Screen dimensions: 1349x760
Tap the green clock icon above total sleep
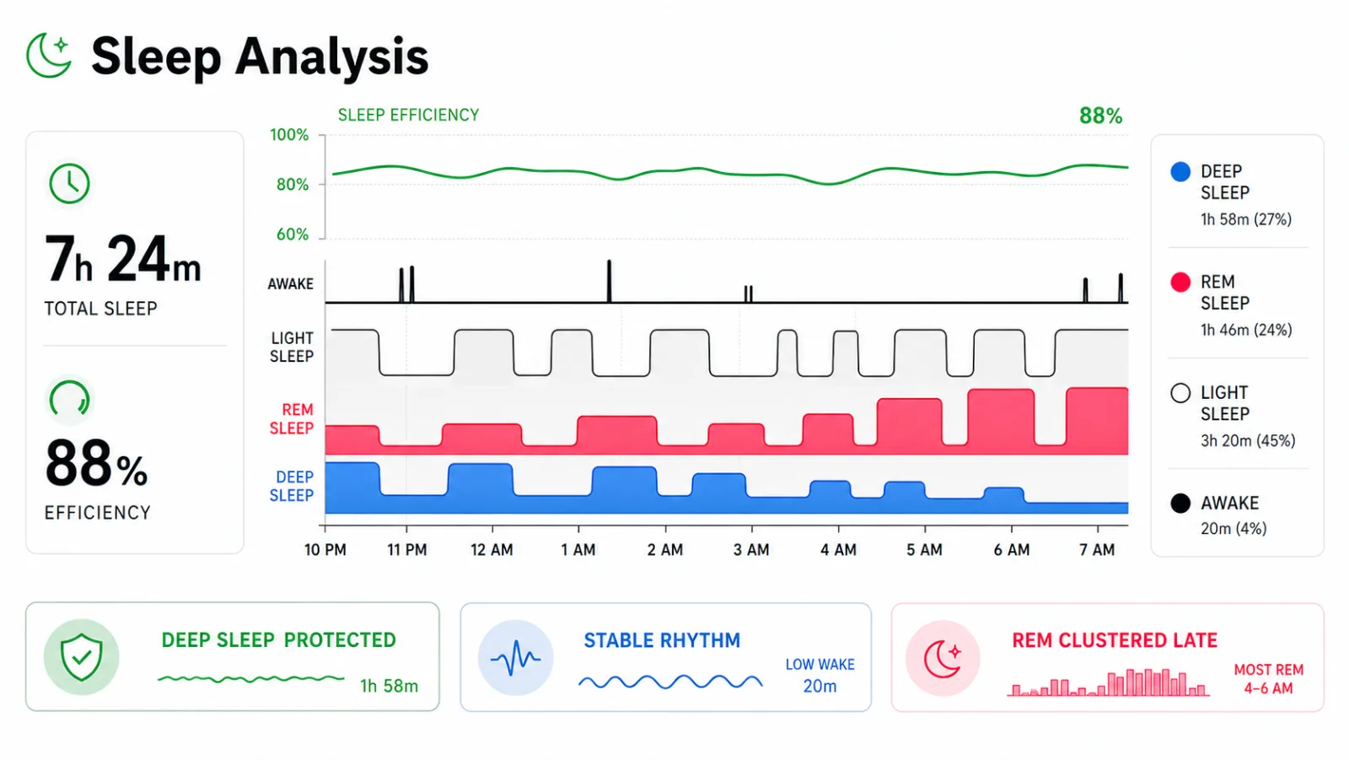(69, 183)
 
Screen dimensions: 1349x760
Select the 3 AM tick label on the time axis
(751, 550)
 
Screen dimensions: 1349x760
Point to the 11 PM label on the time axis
(407, 550)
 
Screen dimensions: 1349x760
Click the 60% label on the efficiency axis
(293, 234)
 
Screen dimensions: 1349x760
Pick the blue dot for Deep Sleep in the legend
(1180, 172)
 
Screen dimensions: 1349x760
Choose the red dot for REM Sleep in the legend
(1180, 282)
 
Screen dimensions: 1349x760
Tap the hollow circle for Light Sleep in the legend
(1180, 393)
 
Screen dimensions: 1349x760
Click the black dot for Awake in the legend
(1180, 504)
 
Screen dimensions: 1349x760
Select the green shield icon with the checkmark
(81, 657)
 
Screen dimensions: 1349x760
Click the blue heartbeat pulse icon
(515, 658)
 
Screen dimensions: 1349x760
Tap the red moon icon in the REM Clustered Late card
(943, 659)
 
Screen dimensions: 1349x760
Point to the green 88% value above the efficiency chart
(1100, 116)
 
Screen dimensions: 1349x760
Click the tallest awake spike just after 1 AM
(609, 281)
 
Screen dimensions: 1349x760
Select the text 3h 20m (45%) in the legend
(1248, 440)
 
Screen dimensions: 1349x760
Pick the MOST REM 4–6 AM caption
(1268, 679)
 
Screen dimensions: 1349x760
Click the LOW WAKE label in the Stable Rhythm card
(820, 664)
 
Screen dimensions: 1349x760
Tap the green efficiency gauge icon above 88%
(69, 399)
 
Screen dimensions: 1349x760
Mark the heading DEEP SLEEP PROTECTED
(279, 639)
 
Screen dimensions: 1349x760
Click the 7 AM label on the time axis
(1097, 550)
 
